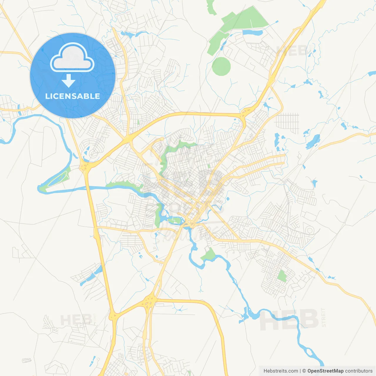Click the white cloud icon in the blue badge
pyautogui.click(x=72, y=58)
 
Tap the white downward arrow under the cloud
pyautogui.click(x=68, y=81)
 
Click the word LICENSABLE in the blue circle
pyautogui.click(x=73, y=96)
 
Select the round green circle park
pyautogui.click(x=221, y=66)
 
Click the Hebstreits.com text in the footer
pyautogui.click(x=281, y=371)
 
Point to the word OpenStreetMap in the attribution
pyautogui.click(x=325, y=371)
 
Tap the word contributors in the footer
pyautogui.click(x=359, y=371)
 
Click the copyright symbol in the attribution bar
pyautogui.click(x=304, y=371)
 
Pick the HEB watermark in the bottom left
pyautogui.click(x=76, y=320)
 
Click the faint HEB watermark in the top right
pyautogui.click(x=292, y=51)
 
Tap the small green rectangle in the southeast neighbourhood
pyautogui.click(x=282, y=276)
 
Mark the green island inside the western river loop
pyautogui.click(x=59, y=178)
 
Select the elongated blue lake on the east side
pyautogui.click(x=313, y=141)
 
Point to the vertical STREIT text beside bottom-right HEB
pyautogui.click(x=323, y=317)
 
